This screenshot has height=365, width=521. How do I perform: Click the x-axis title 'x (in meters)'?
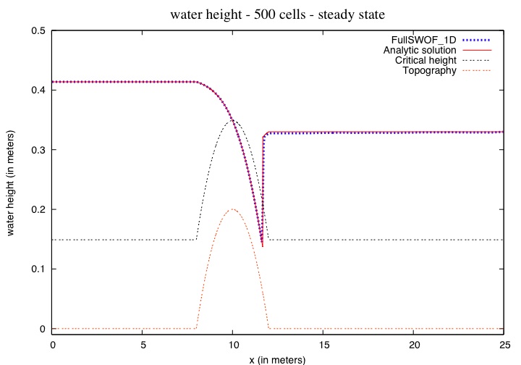click(278, 358)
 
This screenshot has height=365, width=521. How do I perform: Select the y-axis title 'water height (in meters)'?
click(11, 180)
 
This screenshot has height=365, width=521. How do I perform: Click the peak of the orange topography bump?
click(233, 209)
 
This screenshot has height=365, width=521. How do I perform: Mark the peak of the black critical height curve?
click(233, 120)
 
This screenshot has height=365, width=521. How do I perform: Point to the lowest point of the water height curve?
click(262, 246)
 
